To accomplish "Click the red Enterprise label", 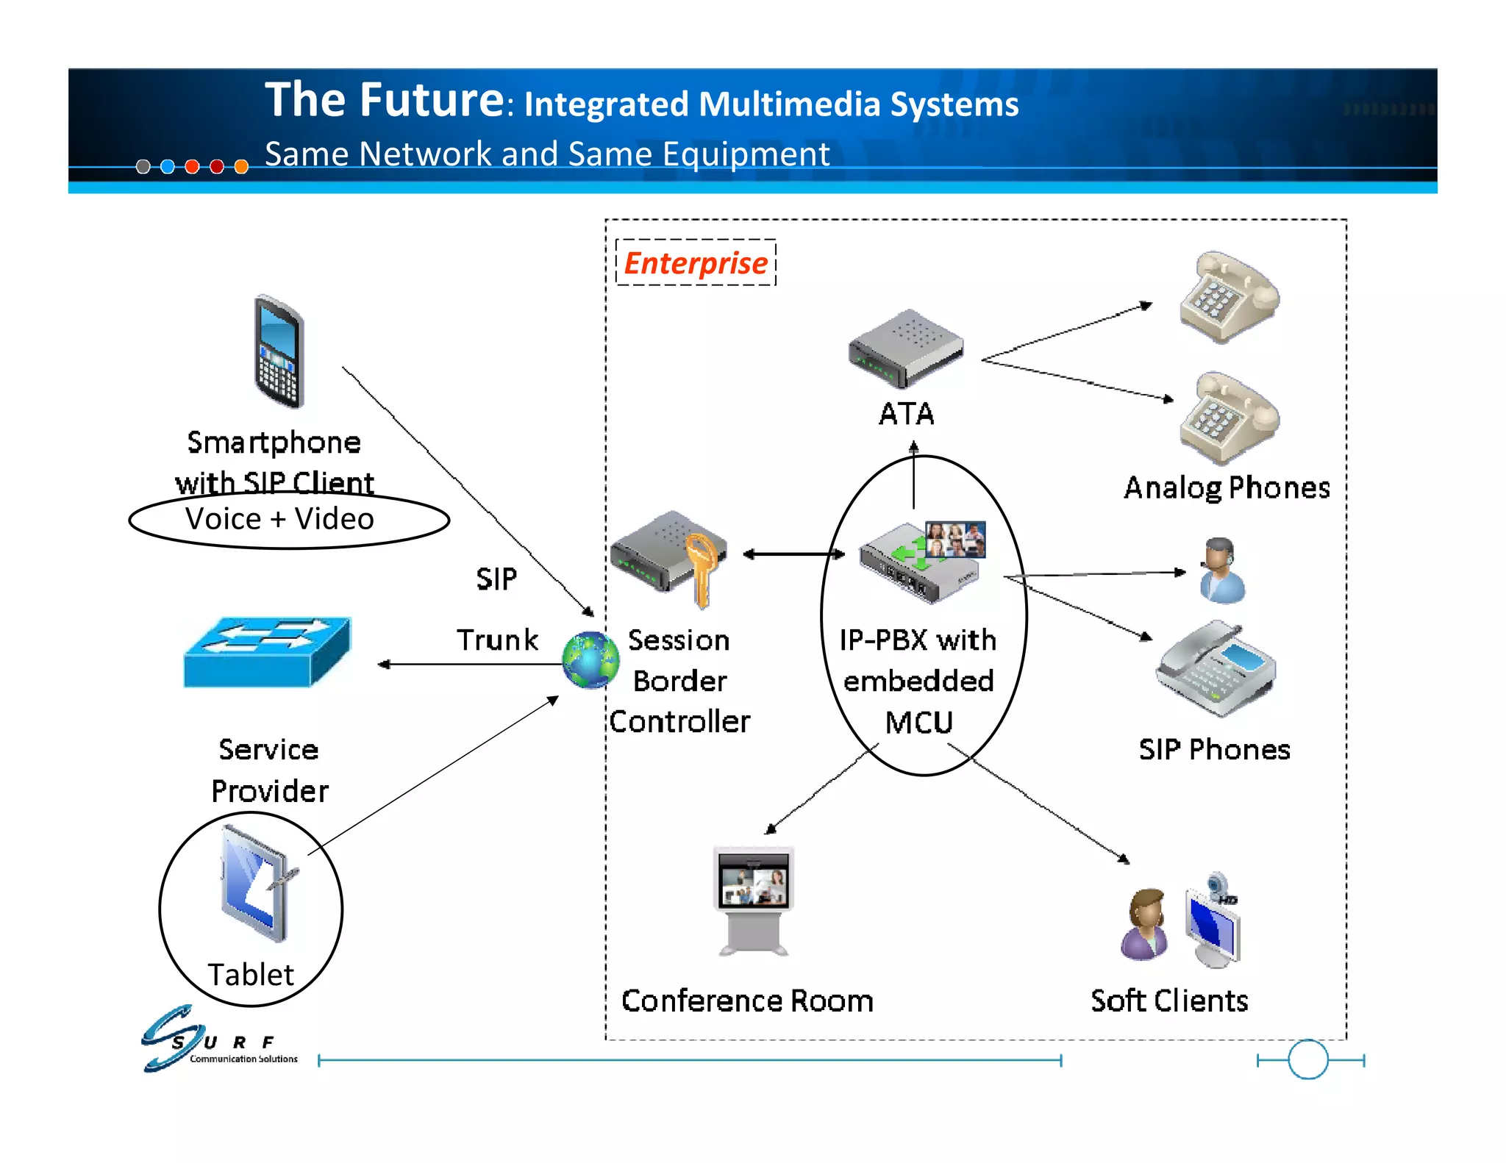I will pyautogui.click(x=695, y=263).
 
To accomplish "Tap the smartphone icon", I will pyautogui.click(x=279, y=352).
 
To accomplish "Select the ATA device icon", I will pyautogui.click(x=905, y=348).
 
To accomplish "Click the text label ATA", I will pyautogui.click(x=906, y=414).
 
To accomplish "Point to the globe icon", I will pyautogui.click(x=590, y=659).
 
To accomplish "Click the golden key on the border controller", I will pyautogui.click(x=702, y=570).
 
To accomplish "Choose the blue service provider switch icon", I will pyautogui.click(x=268, y=652).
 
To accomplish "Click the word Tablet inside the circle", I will pyautogui.click(x=251, y=975).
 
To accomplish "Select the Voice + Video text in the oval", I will pyautogui.click(x=280, y=519).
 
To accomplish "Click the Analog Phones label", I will pyautogui.click(x=1227, y=488).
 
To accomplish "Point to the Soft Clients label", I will pyautogui.click(x=1169, y=1001).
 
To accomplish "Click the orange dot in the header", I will pyautogui.click(x=241, y=167).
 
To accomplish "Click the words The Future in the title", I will pyautogui.click(x=384, y=100).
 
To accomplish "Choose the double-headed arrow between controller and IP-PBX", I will pyautogui.click(x=793, y=554).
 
